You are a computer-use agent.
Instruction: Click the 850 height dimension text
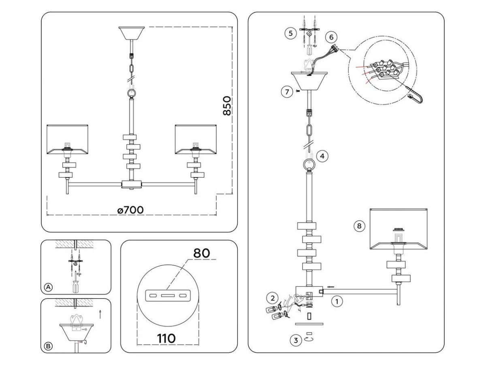tap(227, 106)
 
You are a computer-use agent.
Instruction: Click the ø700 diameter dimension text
tap(130, 210)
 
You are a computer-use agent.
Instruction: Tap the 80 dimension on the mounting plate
tap(201, 253)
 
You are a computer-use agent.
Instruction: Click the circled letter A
tap(48, 287)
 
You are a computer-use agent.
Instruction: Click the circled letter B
tap(48, 346)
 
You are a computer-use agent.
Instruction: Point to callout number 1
tap(337, 301)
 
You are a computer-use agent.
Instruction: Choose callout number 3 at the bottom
tap(296, 341)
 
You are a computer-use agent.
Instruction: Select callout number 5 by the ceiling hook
tap(290, 33)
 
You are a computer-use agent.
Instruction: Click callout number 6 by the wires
tap(331, 37)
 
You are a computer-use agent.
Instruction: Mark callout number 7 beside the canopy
tap(286, 92)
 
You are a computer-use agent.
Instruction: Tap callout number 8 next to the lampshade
tap(358, 226)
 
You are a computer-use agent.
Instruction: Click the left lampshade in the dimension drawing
tap(68, 139)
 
